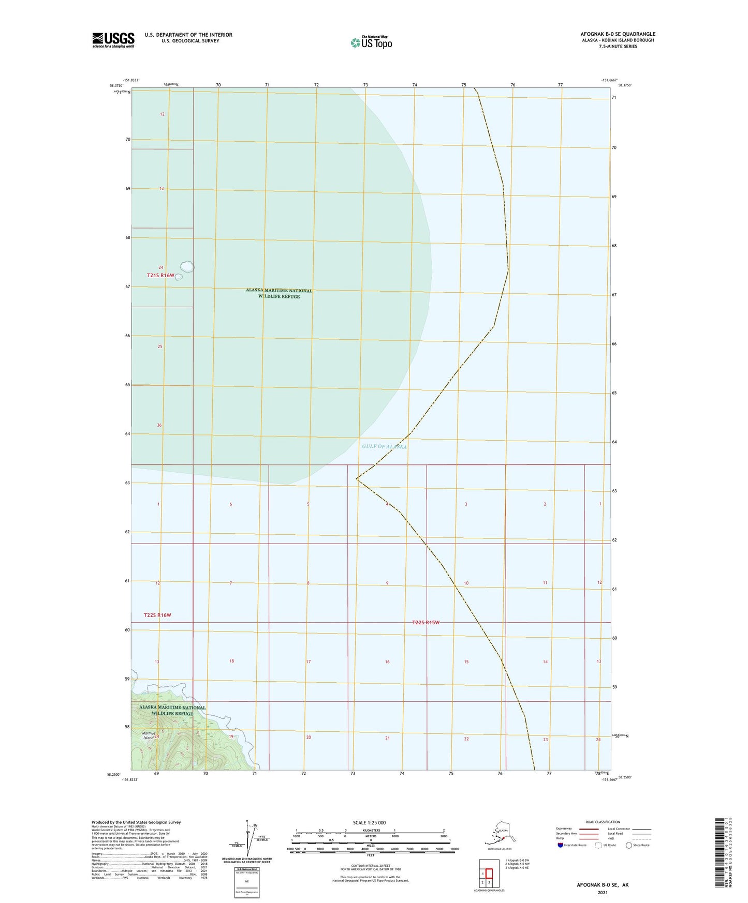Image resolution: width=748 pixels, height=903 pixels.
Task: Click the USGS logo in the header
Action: pyautogui.click(x=113, y=40)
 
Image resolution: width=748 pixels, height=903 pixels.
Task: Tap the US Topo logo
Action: pyautogui.click(x=371, y=42)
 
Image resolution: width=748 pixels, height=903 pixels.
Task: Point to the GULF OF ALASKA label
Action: pyautogui.click(x=385, y=446)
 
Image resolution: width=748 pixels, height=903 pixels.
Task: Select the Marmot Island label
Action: pyautogui.click(x=149, y=735)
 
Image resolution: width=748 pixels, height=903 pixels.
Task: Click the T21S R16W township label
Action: pyautogui.click(x=160, y=276)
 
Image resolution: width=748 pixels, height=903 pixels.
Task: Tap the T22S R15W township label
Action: pyautogui.click(x=426, y=622)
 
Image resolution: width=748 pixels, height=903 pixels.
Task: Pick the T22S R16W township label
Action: pyautogui.click(x=157, y=615)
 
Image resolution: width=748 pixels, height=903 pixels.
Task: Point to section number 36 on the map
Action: pyautogui.click(x=159, y=425)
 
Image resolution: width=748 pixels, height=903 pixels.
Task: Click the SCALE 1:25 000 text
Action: pyautogui.click(x=369, y=822)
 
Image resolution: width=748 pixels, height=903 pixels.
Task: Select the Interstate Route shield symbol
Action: pyautogui.click(x=560, y=845)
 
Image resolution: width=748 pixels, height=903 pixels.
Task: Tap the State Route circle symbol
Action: pyautogui.click(x=629, y=845)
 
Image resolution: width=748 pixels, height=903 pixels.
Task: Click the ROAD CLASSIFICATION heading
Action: pyautogui.click(x=603, y=822)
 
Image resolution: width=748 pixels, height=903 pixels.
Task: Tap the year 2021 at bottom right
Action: pyautogui.click(x=603, y=893)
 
